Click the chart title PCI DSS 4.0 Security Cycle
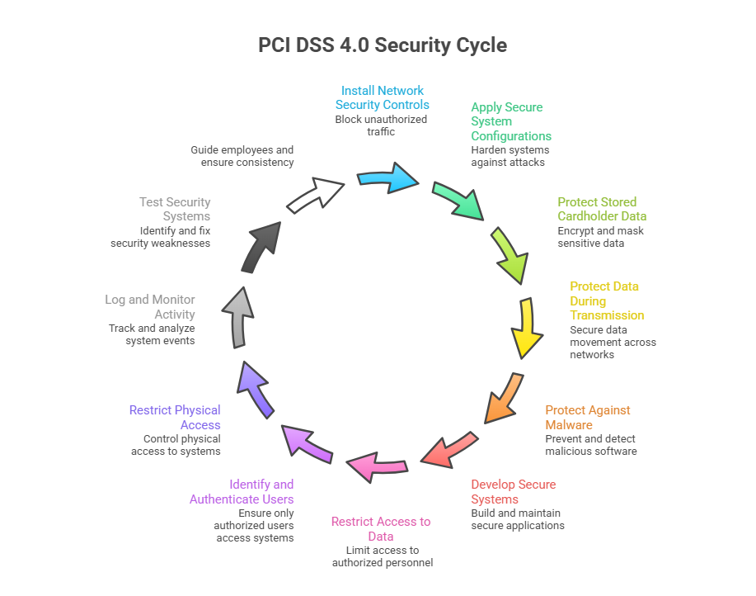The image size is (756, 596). click(383, 45)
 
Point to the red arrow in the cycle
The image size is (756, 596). click(449, 448)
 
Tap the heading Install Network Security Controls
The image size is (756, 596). click(382, 97)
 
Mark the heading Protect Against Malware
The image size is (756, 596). click(587, 417)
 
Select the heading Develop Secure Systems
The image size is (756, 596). click(513, 491)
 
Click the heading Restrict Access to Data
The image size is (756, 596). click(381, 528)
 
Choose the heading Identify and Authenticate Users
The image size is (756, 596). click(242, 491)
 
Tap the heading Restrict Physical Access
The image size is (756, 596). click(175, 417)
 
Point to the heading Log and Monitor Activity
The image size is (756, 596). click(150, 306)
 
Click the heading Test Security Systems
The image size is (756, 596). click(175, 209)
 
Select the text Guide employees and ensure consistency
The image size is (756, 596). click(242, 156)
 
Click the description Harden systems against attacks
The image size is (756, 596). click(509, 156)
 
